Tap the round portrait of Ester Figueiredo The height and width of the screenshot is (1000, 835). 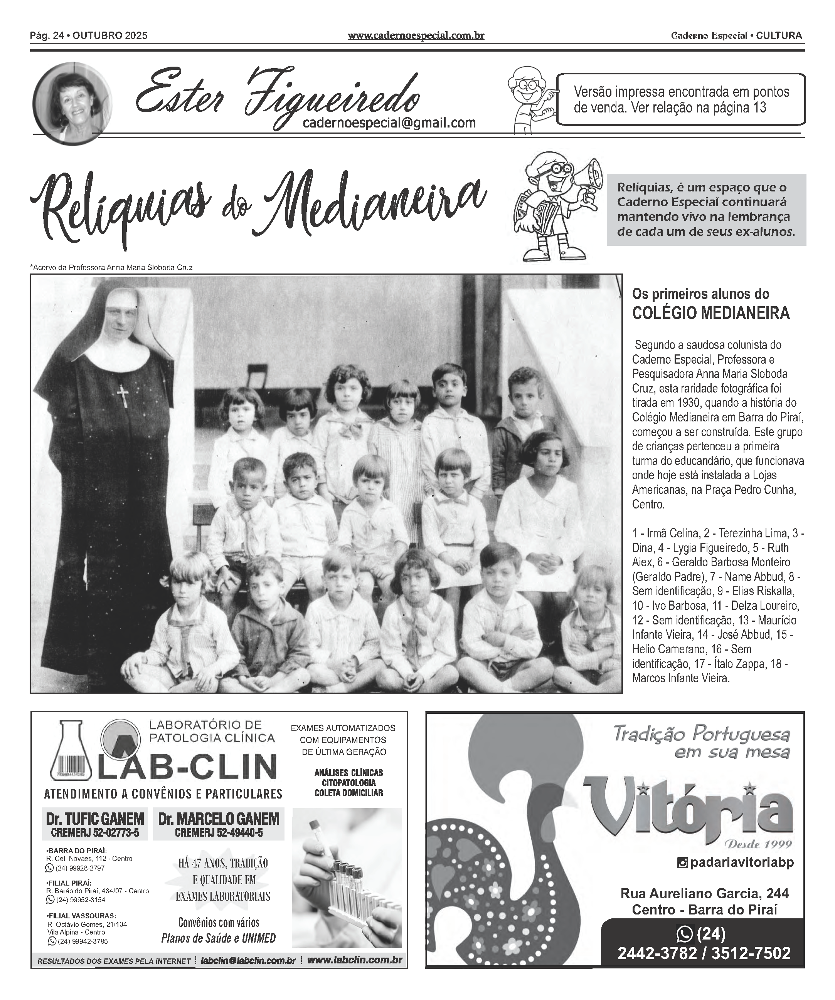tap(72, 103)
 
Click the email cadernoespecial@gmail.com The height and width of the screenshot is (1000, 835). tap(389, 123)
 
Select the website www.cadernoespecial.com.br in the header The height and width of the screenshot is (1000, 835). tap(416, 35)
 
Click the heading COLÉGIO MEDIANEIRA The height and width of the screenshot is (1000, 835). tap(710, 313)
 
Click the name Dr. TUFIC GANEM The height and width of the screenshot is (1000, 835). tap(95, 819)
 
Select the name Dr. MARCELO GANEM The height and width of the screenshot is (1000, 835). tap(219, 819)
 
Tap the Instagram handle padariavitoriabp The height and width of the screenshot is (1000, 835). tap(741, 862)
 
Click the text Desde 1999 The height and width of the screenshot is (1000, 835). tap(757, 844)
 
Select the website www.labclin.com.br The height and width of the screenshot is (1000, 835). tap(355, 960)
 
